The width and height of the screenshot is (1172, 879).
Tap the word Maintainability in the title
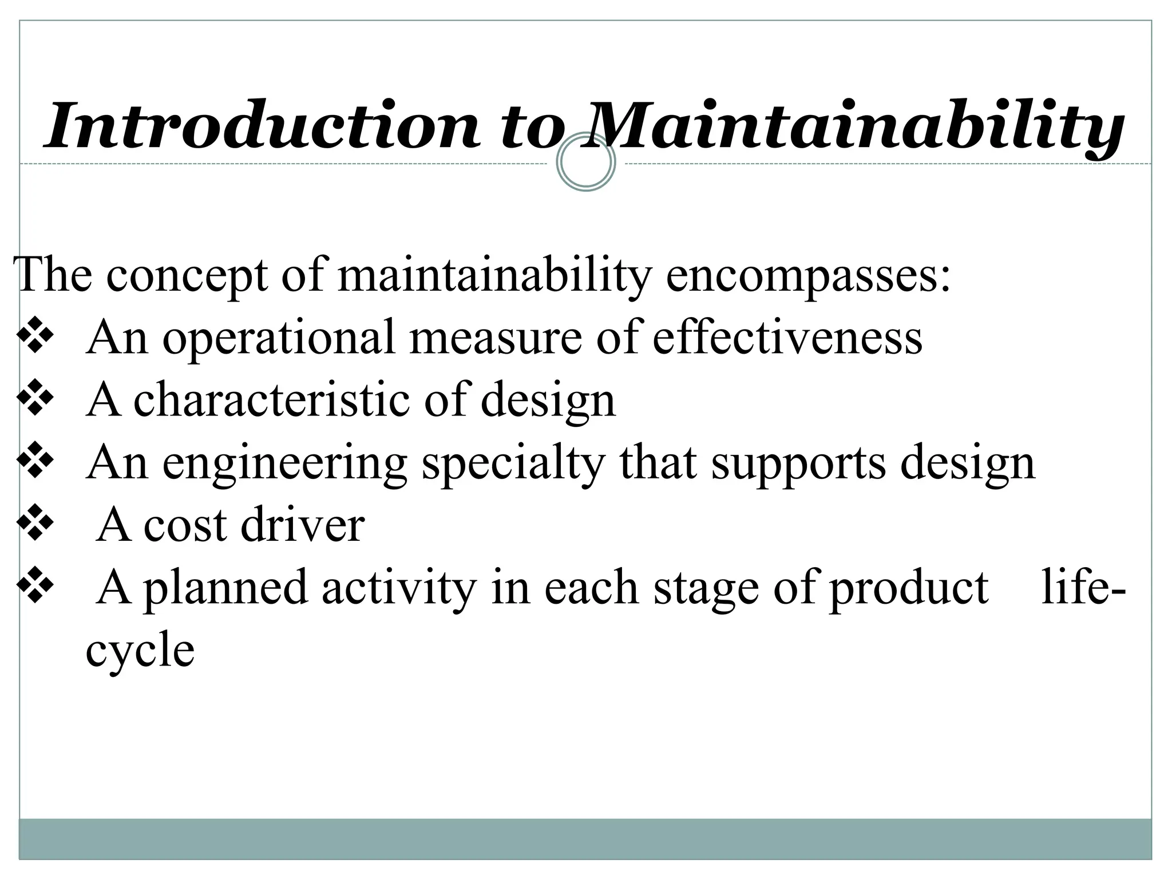852,127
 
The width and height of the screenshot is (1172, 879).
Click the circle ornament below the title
586,162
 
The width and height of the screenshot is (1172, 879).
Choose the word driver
303,525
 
